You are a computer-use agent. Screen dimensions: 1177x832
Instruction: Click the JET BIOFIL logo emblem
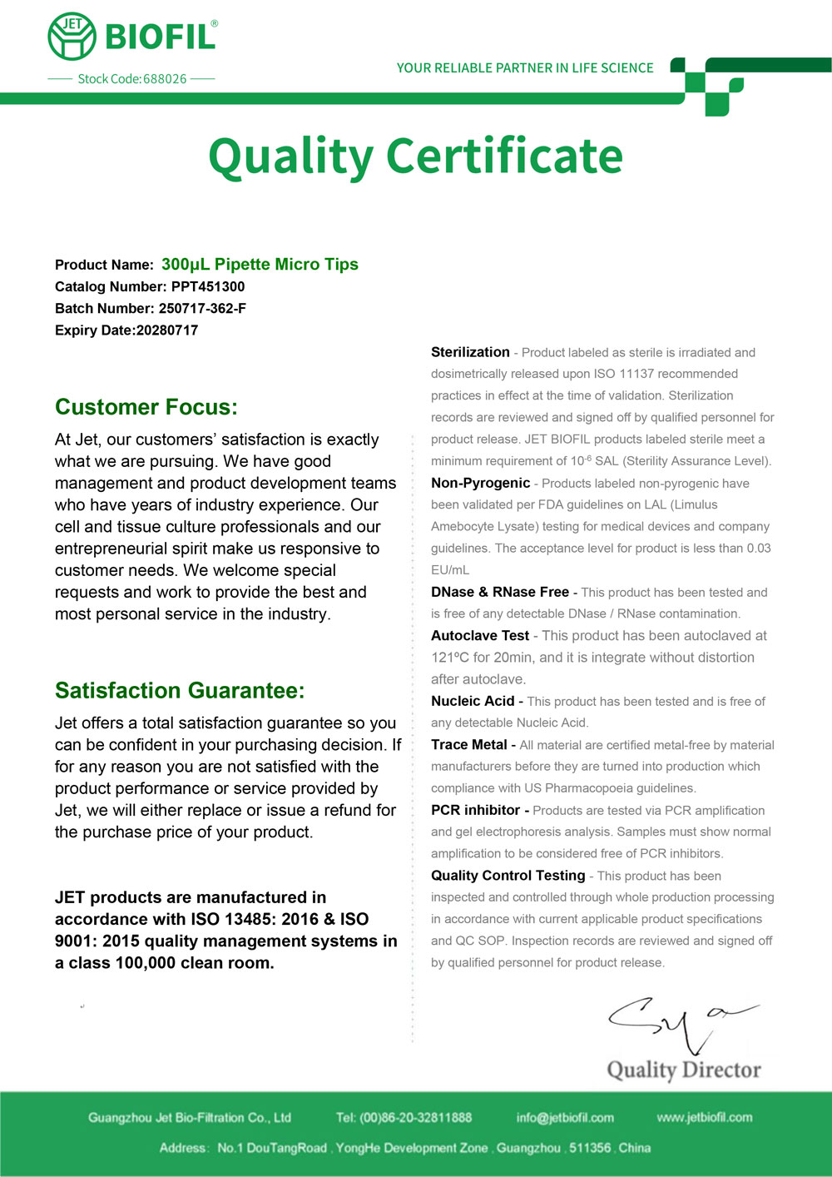pyautogui.click(x=72, y=37)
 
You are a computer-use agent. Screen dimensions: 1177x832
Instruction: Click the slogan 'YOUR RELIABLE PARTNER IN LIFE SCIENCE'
pyautogui.click(x=525, y=68)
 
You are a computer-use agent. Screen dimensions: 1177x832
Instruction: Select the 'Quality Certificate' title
pyautogui.click(x=415, y=156)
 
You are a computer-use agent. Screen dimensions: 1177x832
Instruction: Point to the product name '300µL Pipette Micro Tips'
pyautogui.click(x=260, y=265)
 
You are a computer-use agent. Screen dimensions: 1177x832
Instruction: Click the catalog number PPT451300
pyautogui.click(x=208, y=287)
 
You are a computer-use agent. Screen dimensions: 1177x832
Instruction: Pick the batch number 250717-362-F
pyautogui.click(x=202, y=309)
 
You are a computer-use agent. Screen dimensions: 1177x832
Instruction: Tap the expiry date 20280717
pyautogui.click(x=167, y=330)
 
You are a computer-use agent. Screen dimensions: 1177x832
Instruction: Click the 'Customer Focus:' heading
pyautogui.click(x=146, y=407)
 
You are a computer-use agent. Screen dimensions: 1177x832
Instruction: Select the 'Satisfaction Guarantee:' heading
pyautogui.click(x=180, y=691)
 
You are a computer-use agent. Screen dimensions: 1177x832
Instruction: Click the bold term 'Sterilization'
pyautogui.click(x=470, y=352)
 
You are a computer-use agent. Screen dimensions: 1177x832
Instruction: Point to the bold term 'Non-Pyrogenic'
pyautogui.click(x=480, y=483)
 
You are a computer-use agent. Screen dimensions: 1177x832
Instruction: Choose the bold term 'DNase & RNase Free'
pyautogui.click(x=500, y=592)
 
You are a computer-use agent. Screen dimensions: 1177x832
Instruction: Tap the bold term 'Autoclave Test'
pyautogui.click(x=480, y=636)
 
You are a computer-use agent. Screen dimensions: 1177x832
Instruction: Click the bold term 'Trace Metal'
pyautogui.click(x=469, y=745)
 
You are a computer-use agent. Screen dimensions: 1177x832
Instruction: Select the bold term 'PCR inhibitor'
pyautogui.click(x=475, y=810)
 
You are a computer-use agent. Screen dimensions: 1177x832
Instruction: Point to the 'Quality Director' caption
pyautogui.click(x=684, y=1070)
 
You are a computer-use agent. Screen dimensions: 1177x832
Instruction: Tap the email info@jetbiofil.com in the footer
pyautogui.click(x=565, y=1118)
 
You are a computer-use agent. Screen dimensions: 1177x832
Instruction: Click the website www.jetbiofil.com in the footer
pyautogui.click(x=705, y=1117)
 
